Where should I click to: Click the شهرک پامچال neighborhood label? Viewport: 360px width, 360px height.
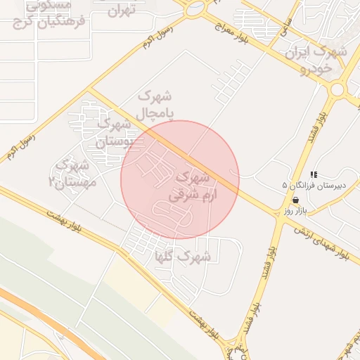pyautogui.click(x=155, y=103)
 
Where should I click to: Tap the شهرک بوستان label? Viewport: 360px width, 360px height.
pyautogui.click(x=112, y=131)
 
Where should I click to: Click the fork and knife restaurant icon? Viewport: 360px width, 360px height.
pyautogui.click(x=314, y=174)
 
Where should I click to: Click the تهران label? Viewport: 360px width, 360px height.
pyautogui.click(x=121, y=11)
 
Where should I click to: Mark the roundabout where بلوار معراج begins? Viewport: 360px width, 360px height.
pyautogui.click(x=195, y=8)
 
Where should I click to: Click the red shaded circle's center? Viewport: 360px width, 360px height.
pyautogui.click(x=180, y=180)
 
